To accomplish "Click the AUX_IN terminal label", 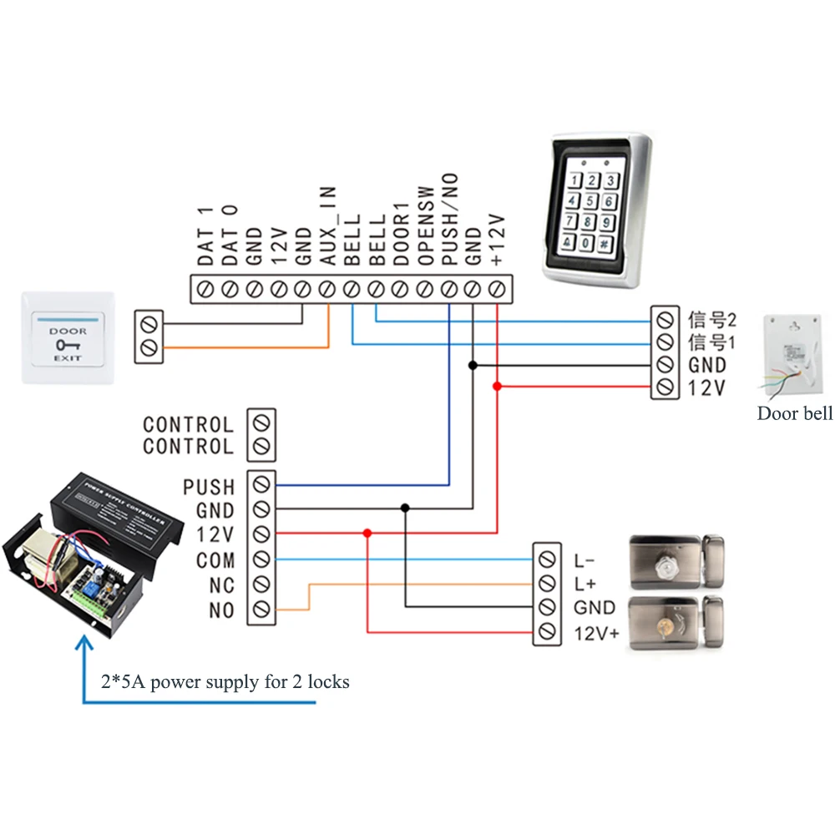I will point(328,226).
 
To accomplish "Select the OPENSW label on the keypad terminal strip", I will point(425,226).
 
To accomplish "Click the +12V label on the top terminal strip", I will point(498,239).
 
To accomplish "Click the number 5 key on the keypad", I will point(591,201).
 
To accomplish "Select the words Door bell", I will point(794,413).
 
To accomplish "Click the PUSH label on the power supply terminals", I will point(209,487).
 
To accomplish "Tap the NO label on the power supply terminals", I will point(221,611).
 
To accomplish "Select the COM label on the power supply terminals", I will point(215,560).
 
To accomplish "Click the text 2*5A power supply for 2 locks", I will point(225,682).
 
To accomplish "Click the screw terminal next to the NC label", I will point(262,584).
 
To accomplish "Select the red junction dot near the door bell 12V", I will point(498,387).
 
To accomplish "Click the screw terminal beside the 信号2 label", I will point(665,319).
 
